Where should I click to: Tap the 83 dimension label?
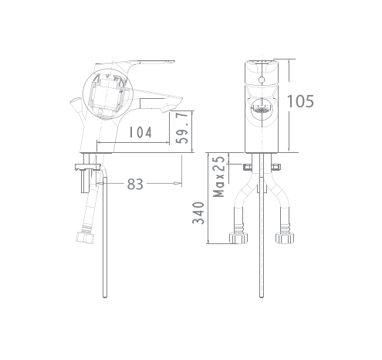135,184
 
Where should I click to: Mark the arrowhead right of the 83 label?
178,184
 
